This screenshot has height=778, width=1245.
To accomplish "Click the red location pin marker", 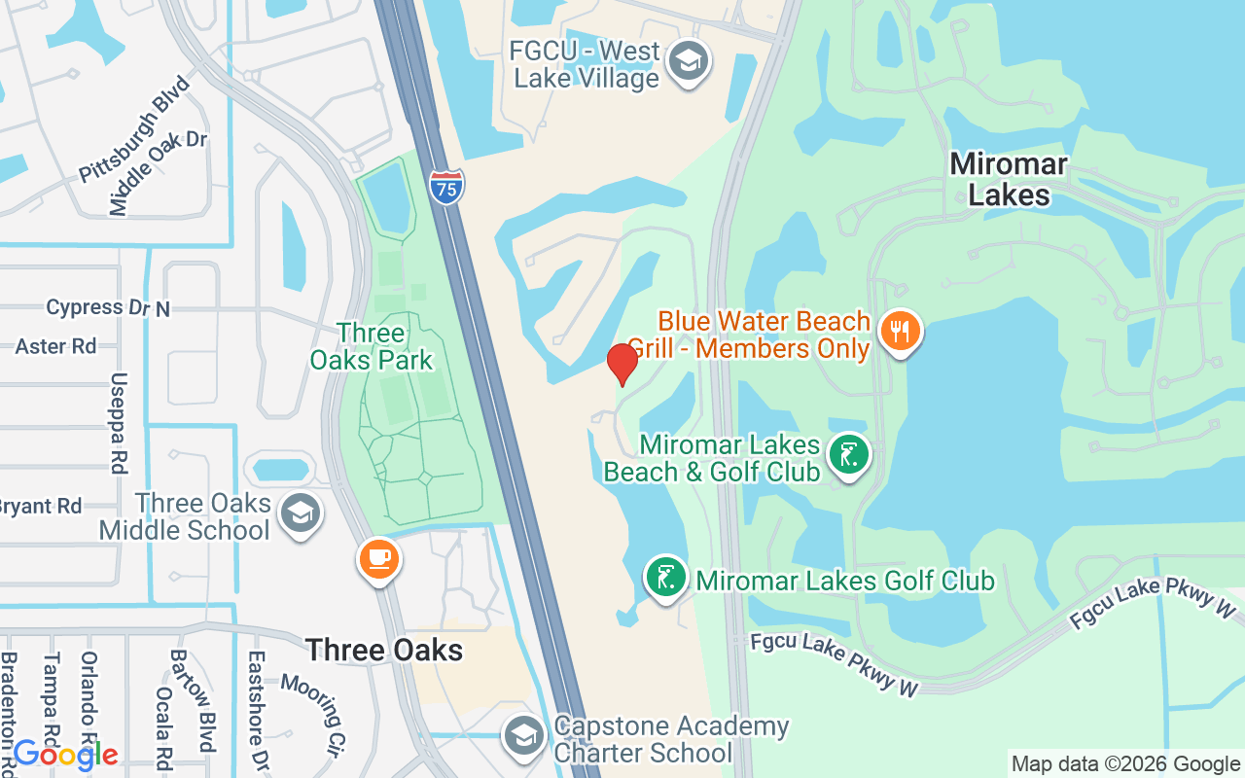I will [x=622, y=364].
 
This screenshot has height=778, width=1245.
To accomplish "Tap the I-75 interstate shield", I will [x=446, y=186].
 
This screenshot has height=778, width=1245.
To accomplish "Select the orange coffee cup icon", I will [x=379, y=559].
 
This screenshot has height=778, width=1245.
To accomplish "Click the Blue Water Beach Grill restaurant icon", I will [x=901, y=331].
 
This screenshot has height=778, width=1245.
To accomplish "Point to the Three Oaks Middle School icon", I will [x=300, y=514].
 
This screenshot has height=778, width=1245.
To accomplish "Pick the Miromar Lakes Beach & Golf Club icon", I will [x=849, y=455].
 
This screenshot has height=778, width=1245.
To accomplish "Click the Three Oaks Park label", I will [x=372, y=346].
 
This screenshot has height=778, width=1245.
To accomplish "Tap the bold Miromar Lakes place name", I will [x=1009, y=179].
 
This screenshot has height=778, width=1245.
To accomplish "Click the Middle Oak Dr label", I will [x=159, y=173].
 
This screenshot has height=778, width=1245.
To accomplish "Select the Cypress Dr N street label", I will [x=108, y=307].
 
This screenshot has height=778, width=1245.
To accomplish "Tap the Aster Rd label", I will [x=55, y=346].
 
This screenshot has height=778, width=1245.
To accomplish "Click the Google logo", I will [x=65, y=754].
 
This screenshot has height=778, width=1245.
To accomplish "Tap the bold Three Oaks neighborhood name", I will [x=384, y=650].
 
